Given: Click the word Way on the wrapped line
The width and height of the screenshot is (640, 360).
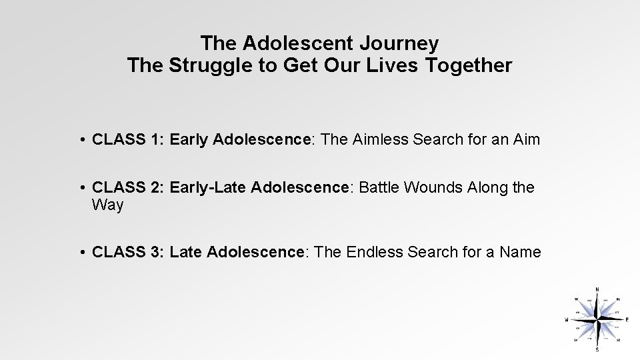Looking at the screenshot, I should click(108, 205).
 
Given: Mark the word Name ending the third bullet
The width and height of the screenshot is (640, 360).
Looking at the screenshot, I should click(520, 252).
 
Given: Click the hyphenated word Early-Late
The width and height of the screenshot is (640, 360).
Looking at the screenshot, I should click(208, 188).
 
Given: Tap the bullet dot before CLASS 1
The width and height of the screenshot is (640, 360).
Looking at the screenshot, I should click(80, 141).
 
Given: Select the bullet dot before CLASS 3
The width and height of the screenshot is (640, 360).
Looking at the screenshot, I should click(80, 253).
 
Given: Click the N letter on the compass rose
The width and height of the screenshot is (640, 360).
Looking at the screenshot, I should click(597, 289).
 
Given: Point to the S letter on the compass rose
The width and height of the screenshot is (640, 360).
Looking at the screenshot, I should click(597, 349).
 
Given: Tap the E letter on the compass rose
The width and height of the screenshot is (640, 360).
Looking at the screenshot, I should click(627, 319).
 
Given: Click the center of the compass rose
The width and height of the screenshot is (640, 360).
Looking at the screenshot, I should click(597, 319).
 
